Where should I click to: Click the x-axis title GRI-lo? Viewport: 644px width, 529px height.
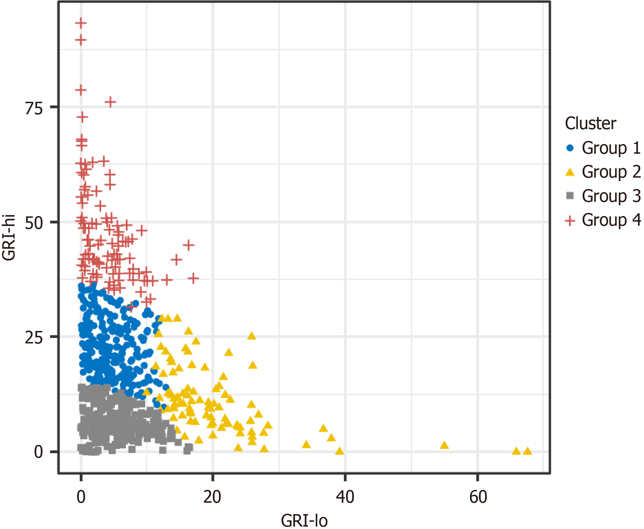pyautogui.click(x=304, y=520)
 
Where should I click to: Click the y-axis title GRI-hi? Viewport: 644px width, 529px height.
pyautogui.click(x=9, y=237)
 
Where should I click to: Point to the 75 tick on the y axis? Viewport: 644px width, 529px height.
pyautogui.click(x=34, y=108)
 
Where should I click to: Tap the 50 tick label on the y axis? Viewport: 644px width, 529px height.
pyautogui.click(x=34, y=223)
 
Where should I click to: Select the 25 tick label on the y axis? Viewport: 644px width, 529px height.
pyautogui.click(x=34, y=338)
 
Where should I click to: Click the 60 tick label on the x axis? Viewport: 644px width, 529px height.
pyautogui.click(x=478, y=497)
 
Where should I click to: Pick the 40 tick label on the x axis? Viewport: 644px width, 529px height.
pyautogui.click(x=345, y=497)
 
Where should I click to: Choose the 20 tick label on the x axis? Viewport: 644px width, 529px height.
pyautogui.click(x=212, y=497)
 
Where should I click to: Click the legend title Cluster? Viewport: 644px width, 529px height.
pyautogui.click(x=590, y=123)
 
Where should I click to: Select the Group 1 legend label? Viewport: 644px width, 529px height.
pyautogui.click(x=611, y=148)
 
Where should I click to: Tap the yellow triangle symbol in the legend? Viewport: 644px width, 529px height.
pyautogui.click(x=570, y=172)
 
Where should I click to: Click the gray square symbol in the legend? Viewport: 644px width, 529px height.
pyautogui.click(x=570, y=196)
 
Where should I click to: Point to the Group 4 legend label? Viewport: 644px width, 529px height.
pyautogui.click(x=611, y=220)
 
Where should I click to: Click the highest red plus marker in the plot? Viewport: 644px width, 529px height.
pyautogui.click(x=81, y=23)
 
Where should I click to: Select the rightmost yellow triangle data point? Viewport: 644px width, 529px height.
pyautogui.click(x=527, y=451)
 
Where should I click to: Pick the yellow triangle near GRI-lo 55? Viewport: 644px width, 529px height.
pyautogui.click(x=444, y=445)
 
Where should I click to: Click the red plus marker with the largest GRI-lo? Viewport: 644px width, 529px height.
pyautogui.click(x=193, y=278)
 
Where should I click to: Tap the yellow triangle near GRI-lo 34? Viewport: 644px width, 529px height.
pyautogui.click(x=306, y=444)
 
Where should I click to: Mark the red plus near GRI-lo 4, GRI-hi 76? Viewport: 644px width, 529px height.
pyautogui.click(x=110, y=102)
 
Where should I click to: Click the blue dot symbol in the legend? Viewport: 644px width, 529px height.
pyautogui.click(x=570, y=148)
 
